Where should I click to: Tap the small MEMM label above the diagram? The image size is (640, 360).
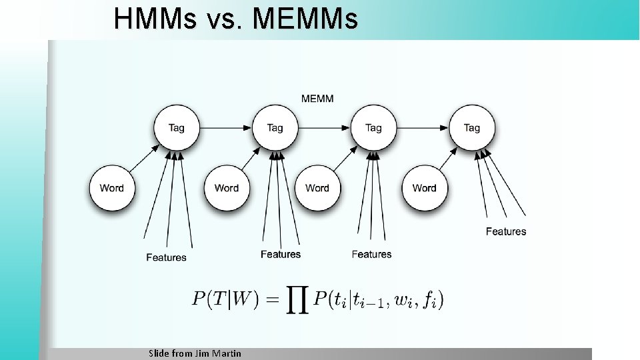[317, 99]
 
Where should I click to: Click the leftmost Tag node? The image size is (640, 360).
[177, 127]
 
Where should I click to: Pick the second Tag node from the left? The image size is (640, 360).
[275, 127]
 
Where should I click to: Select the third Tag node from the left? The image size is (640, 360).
[373, 127]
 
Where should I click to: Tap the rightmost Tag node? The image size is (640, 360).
[471, 127]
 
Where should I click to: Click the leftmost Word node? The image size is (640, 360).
[112, 188]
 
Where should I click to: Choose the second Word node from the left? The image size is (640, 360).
[227, 188]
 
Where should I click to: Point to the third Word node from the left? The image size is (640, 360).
[317, 188]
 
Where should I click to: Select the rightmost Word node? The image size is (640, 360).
[424, 188]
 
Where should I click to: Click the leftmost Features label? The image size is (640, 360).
[167, 257]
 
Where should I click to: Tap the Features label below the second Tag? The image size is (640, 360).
[281, 254]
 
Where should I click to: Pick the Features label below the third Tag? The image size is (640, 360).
[371, 254]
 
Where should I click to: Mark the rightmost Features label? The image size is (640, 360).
[506, 231]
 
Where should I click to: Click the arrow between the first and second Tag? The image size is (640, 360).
[225, 127]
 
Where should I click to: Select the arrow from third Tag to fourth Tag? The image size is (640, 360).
[422, 127]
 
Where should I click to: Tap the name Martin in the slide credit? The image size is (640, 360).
[227, 353]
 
